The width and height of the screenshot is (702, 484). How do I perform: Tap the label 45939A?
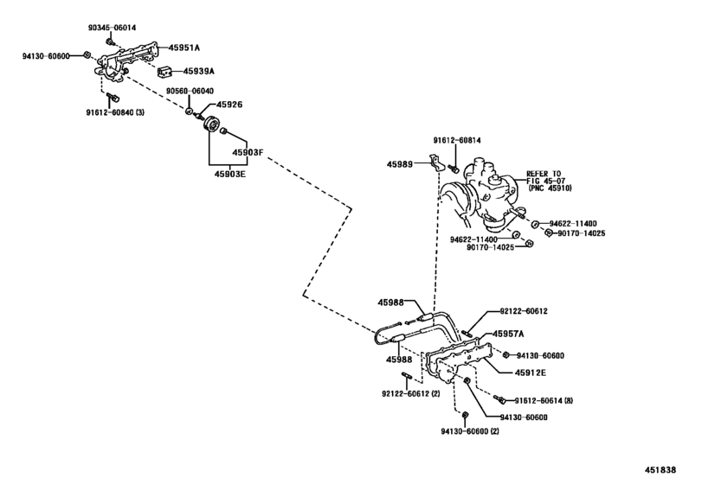pos(198,71)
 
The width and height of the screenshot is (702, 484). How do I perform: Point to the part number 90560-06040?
pos(190,91)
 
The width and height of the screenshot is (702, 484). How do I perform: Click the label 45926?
pos(229,105)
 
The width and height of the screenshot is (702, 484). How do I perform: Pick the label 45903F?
pos(246,153)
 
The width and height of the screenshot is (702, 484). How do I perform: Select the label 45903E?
pos(231,171)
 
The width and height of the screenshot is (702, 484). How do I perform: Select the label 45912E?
pos(525,373)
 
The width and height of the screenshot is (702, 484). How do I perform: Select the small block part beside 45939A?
pos(163,71)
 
